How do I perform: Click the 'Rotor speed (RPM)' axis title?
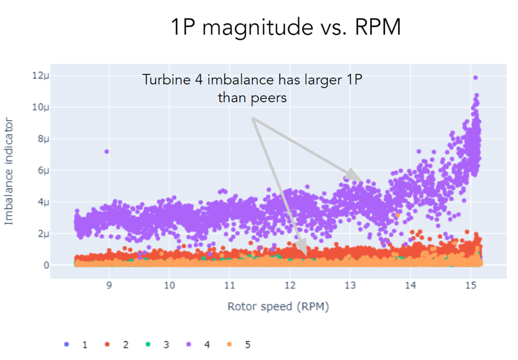point(278,307)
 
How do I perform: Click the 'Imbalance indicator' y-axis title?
point(10,171)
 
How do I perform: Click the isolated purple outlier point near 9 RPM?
point(106,151)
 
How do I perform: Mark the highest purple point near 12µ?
point(475,78)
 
